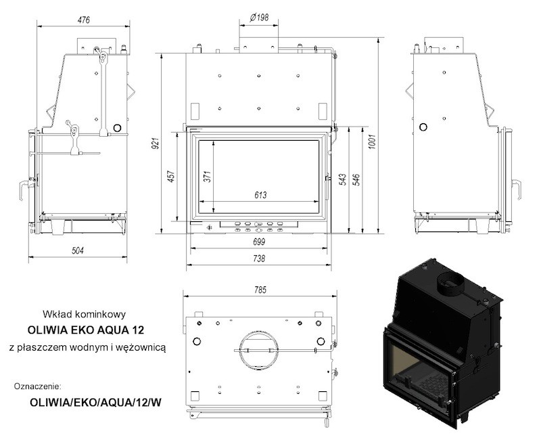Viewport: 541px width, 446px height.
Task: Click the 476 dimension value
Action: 83,20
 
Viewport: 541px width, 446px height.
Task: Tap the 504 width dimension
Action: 78,250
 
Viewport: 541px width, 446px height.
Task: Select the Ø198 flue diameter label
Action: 259,18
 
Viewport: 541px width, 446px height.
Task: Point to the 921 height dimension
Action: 156,143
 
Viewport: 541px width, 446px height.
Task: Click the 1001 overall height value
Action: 371,141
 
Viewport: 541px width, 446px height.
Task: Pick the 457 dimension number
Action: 172,177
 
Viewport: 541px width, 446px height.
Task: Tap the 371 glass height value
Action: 207,177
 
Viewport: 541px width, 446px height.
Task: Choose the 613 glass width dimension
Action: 260,196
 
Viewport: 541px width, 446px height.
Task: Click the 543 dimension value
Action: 343,179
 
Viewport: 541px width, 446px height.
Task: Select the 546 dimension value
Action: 356,179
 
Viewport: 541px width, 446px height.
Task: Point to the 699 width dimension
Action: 259,242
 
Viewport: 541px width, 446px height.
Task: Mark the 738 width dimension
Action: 259,259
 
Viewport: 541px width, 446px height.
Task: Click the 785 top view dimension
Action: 260,290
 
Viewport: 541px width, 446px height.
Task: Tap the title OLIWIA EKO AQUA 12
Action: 86,330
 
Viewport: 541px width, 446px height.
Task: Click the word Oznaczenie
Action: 38,386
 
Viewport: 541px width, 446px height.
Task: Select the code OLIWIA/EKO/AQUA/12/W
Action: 95,403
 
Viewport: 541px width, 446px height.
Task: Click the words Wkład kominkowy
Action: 84,314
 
